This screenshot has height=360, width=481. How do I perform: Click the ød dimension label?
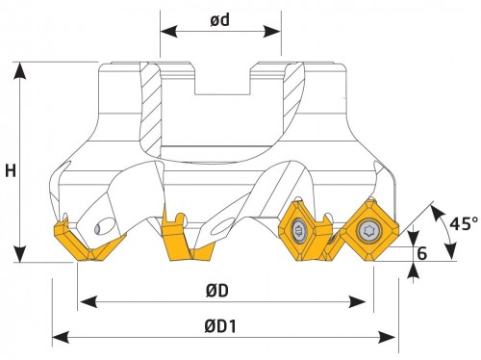(x=220, y=20)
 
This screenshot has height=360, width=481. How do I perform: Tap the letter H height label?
(x=11, y=170)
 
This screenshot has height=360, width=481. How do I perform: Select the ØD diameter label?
(x=217, y=291)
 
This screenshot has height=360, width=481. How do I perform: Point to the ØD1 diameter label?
(x=220, y=326)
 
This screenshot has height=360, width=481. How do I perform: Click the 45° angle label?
(x=464, y=223)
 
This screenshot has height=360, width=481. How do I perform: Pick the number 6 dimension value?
(x=422, y=253)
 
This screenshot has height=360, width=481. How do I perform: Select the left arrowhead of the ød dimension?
(x=168, y=32)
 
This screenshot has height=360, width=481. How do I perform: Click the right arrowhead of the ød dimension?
(x=272, y=32)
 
